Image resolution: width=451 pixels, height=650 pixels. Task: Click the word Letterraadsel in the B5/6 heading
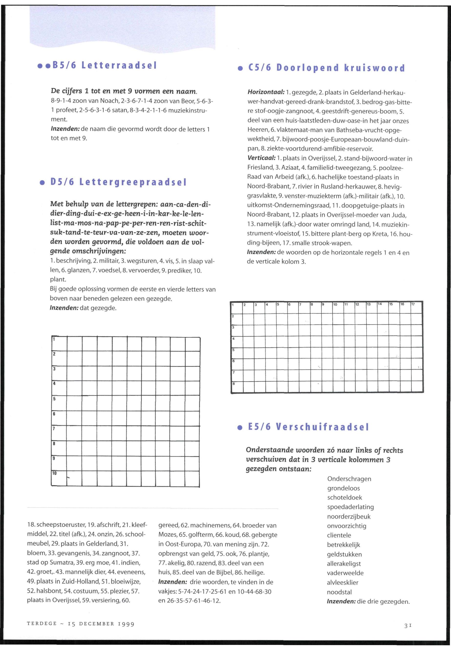(x=119, y=65)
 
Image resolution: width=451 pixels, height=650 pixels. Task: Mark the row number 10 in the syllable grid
(x=55, y=473)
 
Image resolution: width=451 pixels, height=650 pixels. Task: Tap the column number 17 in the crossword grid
(x=413, y=304)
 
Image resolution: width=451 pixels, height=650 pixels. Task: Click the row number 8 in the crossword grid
(x=233, y=384)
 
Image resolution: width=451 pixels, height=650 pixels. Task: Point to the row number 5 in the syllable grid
(x=54, y=399)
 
